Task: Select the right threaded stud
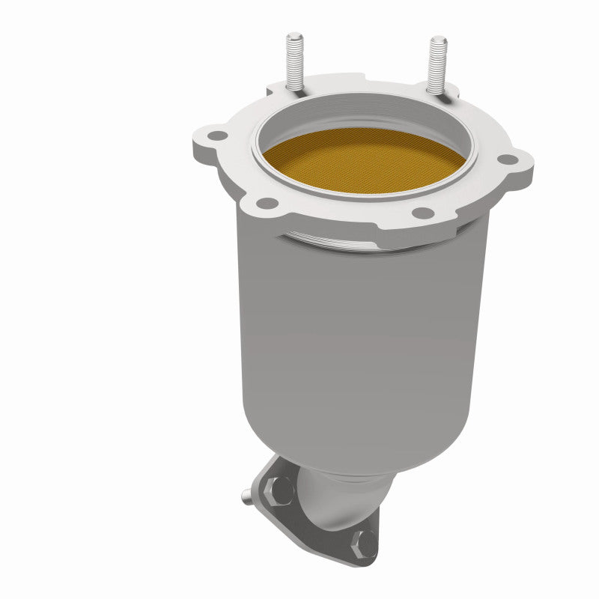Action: [x=435, y=64]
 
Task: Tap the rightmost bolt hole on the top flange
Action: [x=508, y=159]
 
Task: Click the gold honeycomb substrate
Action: [x=363, y=160]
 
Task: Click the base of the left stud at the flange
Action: [x=294, y=93]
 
